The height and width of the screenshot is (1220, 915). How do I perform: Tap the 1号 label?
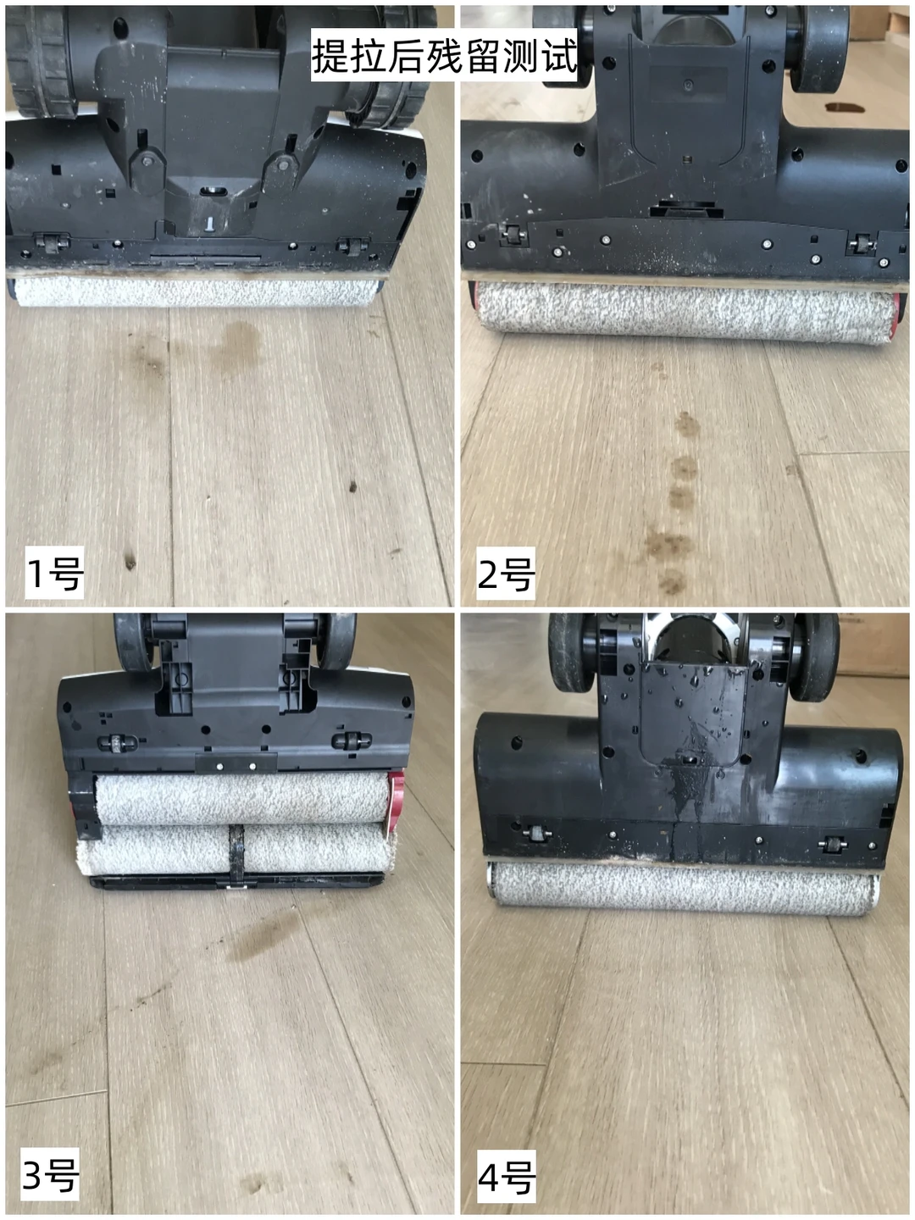point(54,573)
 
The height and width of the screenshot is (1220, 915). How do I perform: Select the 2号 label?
point(506,574)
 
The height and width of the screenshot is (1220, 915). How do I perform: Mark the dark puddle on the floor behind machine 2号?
point(845,108)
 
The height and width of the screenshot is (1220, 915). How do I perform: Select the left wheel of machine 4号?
point(572,654)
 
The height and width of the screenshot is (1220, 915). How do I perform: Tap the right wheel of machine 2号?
point(818,50)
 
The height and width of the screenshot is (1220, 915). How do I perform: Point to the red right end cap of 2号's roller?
point(895,316)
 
